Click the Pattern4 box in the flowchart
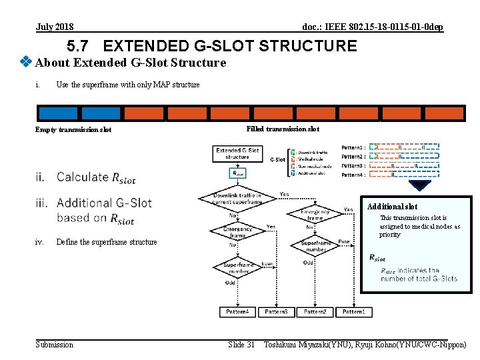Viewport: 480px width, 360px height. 237,312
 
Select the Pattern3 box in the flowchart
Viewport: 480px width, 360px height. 276,312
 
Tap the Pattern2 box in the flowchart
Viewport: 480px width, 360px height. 315,312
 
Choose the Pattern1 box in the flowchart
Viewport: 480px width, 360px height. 354,312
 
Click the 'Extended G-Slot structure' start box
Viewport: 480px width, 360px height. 237,153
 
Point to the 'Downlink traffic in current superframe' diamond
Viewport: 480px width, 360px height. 237,198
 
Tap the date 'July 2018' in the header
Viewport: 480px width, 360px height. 55,27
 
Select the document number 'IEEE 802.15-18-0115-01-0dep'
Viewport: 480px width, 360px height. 373,27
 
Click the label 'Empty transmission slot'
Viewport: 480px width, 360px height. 73,129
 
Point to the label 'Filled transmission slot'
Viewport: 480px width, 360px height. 283,129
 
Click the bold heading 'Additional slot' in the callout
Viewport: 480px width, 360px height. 392,207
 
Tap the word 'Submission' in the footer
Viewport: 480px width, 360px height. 55,344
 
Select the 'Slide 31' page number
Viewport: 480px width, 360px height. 241,344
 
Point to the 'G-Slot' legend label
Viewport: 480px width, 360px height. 278,160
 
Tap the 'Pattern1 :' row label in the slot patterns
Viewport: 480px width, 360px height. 353,147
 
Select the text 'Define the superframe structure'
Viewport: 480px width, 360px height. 107,242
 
